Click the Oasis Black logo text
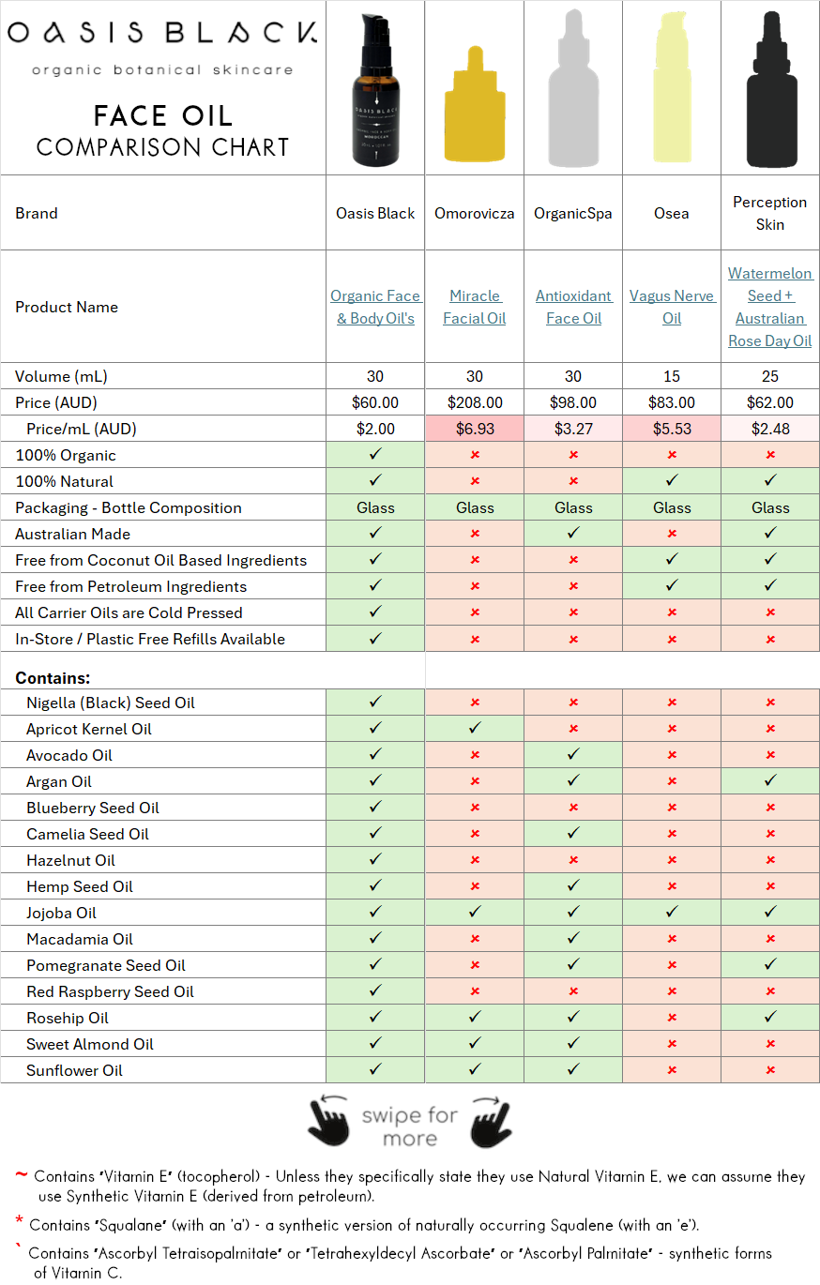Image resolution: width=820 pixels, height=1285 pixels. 161,34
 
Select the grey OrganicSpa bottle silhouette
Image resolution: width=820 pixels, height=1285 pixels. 573,94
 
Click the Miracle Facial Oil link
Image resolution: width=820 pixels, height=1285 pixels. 475,307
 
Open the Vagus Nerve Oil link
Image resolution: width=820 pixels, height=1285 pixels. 672,307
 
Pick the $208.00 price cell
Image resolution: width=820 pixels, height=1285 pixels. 475,402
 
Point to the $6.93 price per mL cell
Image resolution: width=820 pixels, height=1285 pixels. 475,429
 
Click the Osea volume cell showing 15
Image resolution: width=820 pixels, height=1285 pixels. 672,376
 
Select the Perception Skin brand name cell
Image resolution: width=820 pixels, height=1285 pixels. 770,213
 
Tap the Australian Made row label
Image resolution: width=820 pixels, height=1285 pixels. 72,534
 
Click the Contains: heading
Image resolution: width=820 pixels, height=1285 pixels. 53,677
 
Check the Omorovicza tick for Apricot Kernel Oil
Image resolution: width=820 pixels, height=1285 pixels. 475,729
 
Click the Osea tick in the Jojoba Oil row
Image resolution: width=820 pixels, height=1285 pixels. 672,913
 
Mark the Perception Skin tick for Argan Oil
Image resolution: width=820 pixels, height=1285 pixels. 770,781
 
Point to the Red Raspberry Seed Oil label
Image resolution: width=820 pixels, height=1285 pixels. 110,991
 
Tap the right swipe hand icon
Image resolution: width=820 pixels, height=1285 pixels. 491,1120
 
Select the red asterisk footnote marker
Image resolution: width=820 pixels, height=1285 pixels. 19,1221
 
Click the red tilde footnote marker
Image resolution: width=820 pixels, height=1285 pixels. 21,1174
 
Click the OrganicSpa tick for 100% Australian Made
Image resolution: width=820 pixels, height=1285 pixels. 573,534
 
